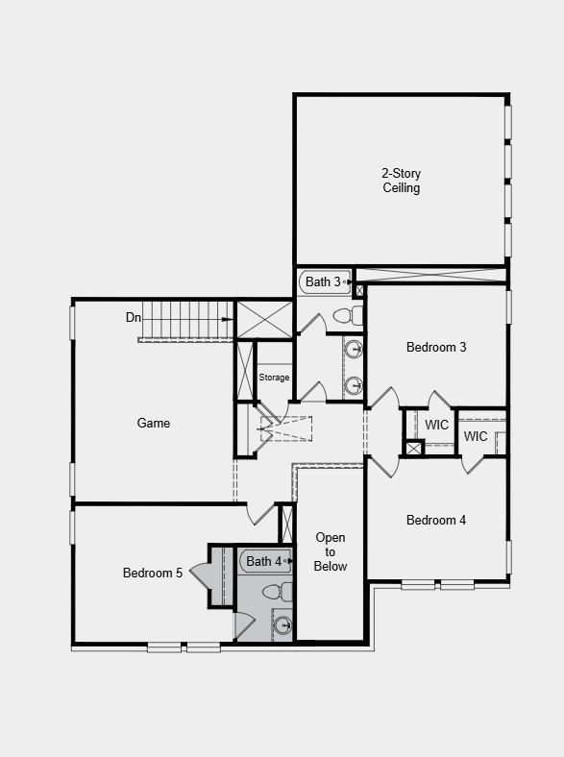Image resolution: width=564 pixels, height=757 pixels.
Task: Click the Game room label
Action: pyautogui.click(x=154, y=423)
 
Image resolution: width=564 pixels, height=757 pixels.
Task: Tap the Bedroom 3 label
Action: pyautogui.click(x=436, y=347)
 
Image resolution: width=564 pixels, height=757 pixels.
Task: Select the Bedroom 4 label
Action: pyautogui.click(x=436, y=520)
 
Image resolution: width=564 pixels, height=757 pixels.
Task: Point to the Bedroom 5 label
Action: pyautogui.click(x=153, y=573)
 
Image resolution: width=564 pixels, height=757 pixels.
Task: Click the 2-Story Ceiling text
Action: pyautogui.click(x=402, y=181)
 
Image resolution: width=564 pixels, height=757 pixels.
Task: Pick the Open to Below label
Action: pyautogui.click(x=331, y=551)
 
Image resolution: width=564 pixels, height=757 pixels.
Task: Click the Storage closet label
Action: pyautogui.click(x=274, y=378)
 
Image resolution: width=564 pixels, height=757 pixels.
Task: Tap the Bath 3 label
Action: pyautogui.click(x=323, y=281)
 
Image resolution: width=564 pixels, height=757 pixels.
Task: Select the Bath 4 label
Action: pyautogui.click(x=264, y=561)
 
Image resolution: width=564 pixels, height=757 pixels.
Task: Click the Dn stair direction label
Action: pyautogui.click(x=134, y=317)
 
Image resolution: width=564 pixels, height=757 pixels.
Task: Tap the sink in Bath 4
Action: pyautogui.click(x=282, y=626)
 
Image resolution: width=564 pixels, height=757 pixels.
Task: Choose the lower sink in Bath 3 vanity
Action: pyautogui.click(x=354, y=385)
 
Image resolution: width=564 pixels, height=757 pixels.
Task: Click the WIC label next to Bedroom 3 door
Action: pyautogui.click(x=437, y=425)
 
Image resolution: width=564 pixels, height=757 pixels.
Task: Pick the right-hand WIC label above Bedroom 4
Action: pyautogui.click(x=476, y=436)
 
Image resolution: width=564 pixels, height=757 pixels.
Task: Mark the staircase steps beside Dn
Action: pyautogui.click(x=187, y=319)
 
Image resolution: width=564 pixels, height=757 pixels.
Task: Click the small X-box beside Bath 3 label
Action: pyautogui.click(x=359, y=290)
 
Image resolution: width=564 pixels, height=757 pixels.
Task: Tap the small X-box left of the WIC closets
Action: pyautogui.click(x=414, y=448)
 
